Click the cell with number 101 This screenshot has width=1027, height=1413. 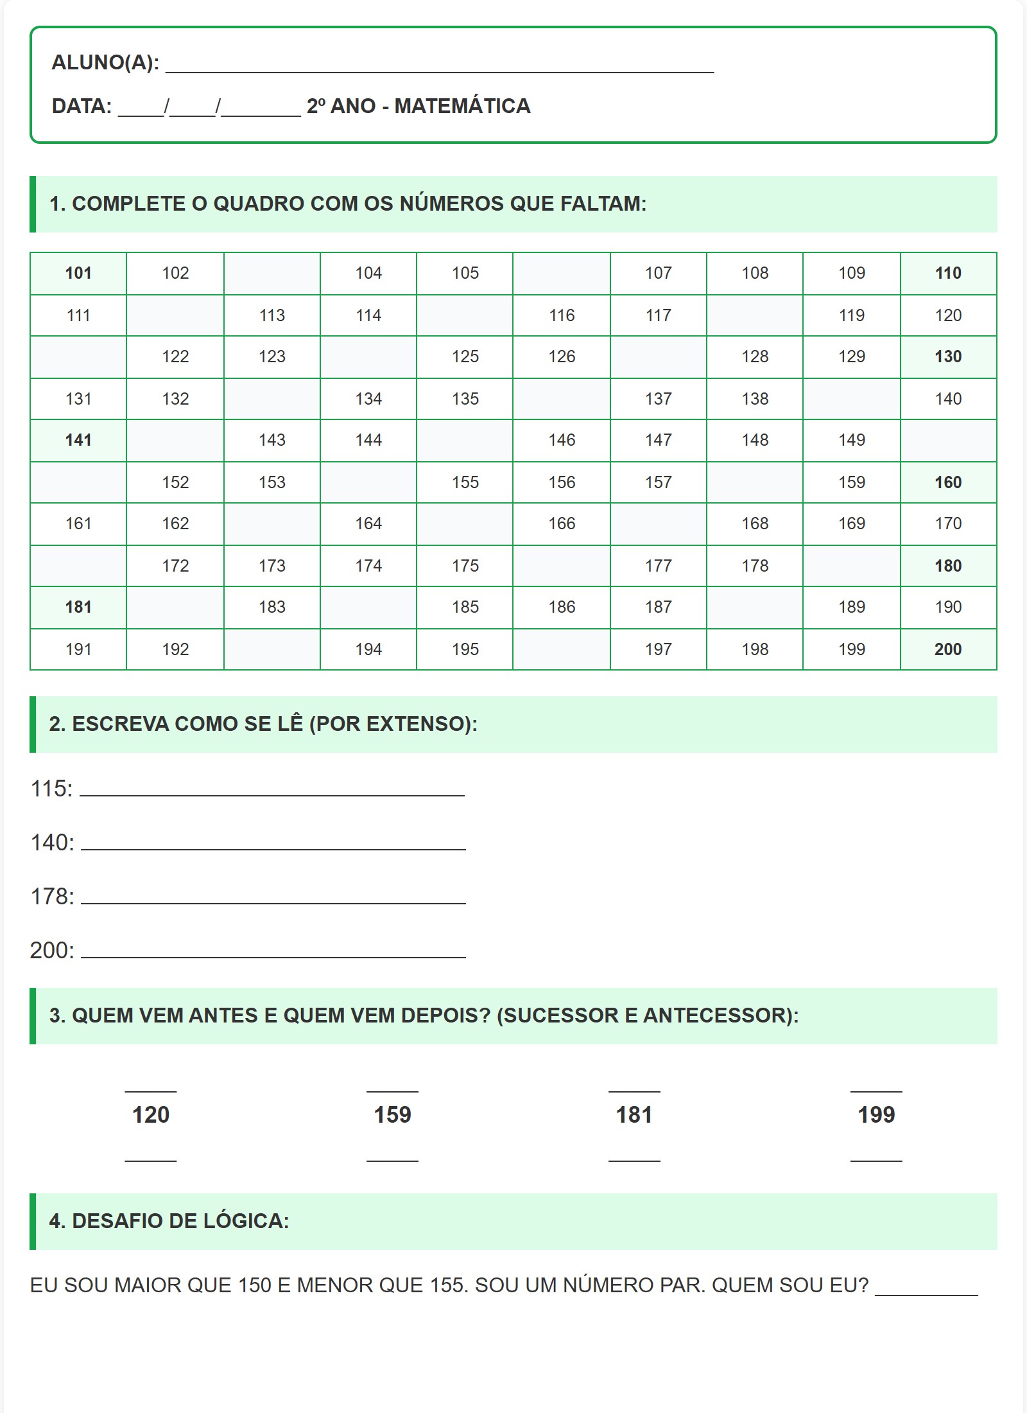point(78,273)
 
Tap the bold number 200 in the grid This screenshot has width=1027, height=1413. point(948,649)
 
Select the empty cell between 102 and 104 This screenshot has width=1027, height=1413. point(272,273)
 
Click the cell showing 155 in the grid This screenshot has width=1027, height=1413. point(465,482)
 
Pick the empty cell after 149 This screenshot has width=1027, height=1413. point(948,440)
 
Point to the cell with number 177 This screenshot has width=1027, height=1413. point(659,566)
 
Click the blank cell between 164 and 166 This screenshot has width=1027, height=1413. point(465,523)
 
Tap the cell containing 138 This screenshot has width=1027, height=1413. point(755,399)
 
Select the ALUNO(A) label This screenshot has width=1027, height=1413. point(105,62)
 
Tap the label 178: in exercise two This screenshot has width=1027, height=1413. point(52,896)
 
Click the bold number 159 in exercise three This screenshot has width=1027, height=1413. point(392,1114)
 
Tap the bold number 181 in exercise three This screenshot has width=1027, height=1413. point(634,1114)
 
